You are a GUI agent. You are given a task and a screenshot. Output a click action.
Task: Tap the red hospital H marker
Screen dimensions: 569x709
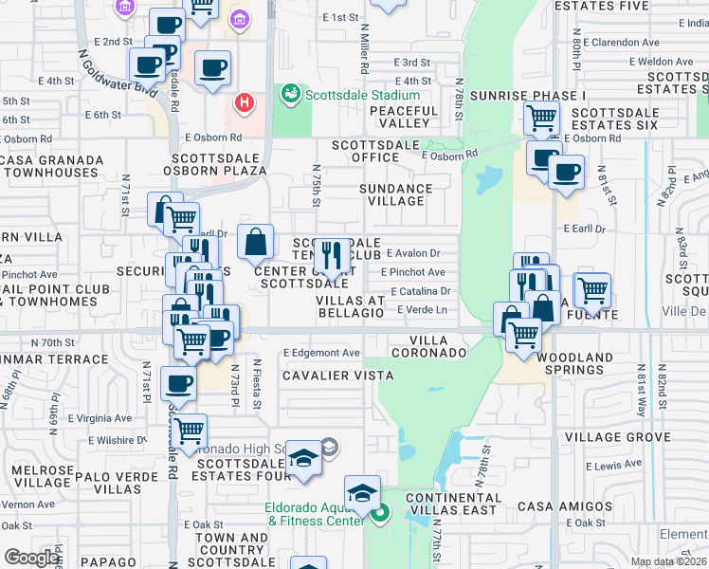pyautogui.click(x=245, y=101)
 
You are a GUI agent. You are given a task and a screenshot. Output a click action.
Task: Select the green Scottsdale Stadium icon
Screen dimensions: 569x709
pyautogui.click(x=290, y=95)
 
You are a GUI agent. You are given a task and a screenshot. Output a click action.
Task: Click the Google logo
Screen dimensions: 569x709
pyautogui.click(x=31, y=557)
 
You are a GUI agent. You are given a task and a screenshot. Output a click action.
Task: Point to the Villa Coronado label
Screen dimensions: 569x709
pyautogui.click(x=438, y=346)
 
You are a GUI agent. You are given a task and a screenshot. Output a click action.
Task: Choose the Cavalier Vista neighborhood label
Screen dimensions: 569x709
pyautogui.click(x=337, y=376)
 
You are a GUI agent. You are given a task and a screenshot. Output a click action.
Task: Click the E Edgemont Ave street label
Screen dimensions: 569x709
pyautogui.click(x=322, y=353)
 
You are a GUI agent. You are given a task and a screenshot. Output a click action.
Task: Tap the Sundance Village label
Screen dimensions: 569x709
pyautogui.click(x=395, y=195)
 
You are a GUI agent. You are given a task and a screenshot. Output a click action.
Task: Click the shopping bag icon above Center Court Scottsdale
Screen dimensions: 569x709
pyautogui.click(x=256, y=243)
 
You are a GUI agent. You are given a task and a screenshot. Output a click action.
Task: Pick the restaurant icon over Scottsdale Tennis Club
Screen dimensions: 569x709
pyautogui.click(x=332, y=254)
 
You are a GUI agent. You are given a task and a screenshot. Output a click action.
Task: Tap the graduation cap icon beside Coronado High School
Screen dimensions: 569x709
pyautogui.click(x=303, y=458)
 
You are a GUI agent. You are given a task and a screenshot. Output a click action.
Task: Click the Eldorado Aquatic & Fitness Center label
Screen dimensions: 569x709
pyautogui.click(x=315, y=513)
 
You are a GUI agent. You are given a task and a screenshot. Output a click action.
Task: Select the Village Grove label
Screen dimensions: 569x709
pyautogui.click(x=617, y=437)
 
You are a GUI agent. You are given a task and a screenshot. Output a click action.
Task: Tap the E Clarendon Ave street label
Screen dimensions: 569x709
pyautogui.click(x=623, y=43)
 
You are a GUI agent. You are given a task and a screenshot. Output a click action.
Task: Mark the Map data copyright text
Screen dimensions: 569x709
pyautogui.click(x=668, y=561)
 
